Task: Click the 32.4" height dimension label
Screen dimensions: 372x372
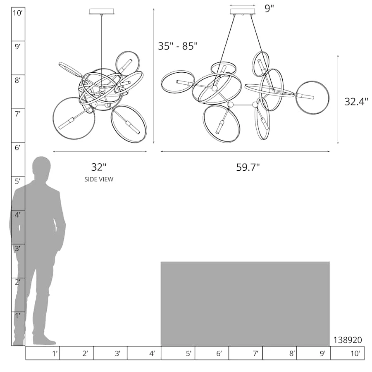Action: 356,102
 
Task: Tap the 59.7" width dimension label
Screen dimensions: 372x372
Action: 248,167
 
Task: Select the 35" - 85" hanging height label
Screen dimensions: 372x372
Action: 178,46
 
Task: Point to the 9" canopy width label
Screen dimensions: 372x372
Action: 269,9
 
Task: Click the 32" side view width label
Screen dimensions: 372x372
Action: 99,167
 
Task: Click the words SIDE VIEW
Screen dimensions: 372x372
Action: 99,179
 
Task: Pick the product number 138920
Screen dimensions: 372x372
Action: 348,340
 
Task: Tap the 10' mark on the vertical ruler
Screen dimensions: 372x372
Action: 17,13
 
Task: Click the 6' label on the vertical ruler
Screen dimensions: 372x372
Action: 17,148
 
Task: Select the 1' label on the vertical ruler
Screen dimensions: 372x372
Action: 17,316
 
